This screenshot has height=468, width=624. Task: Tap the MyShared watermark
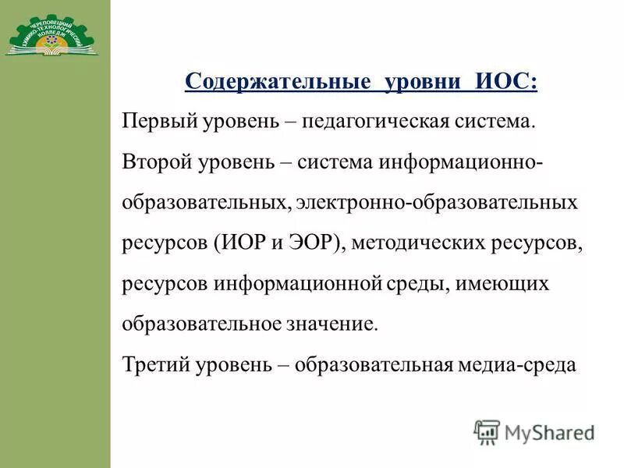534,431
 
